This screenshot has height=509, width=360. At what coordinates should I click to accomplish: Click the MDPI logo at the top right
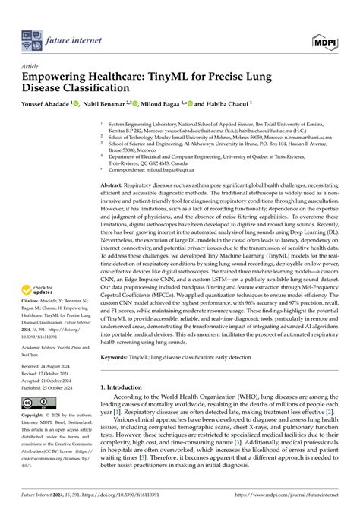tap(327, 36)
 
